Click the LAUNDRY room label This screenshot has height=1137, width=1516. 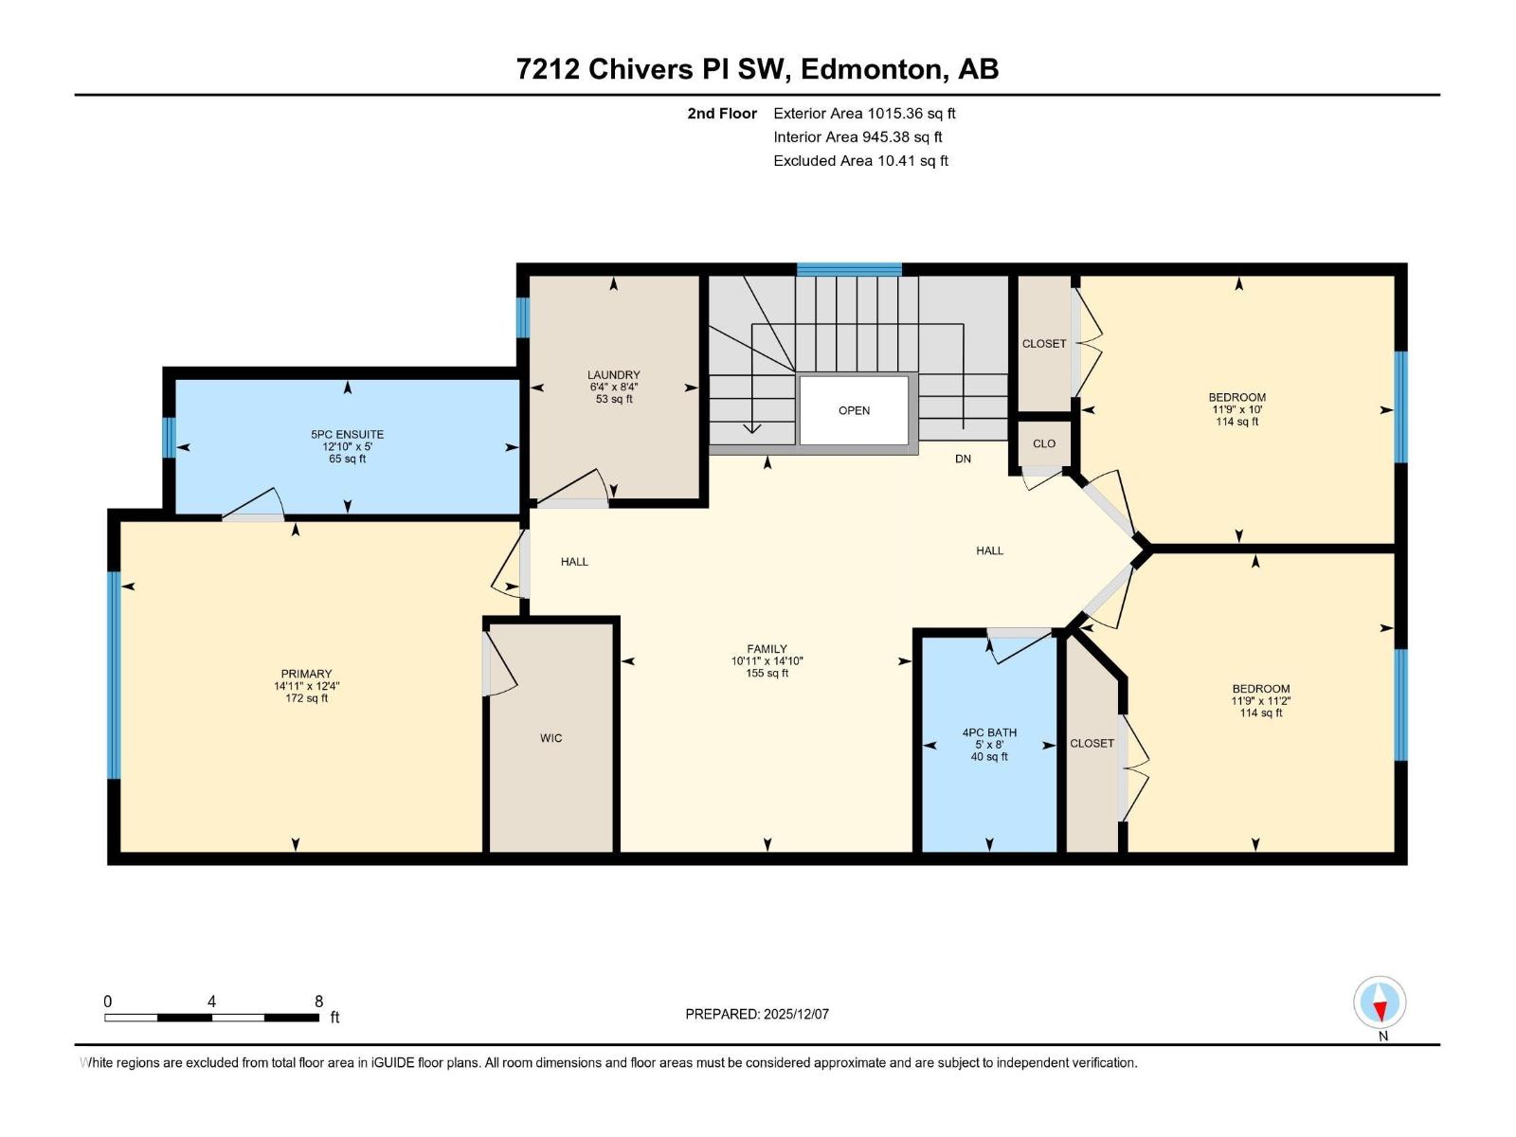coord(613,375)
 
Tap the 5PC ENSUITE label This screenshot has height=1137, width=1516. coord(347,434)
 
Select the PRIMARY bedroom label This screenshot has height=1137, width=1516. coord(306,674)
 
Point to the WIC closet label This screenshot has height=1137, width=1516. coord(550,738)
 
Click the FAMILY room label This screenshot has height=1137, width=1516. coord(767,649)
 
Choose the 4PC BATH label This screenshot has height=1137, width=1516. coord(989,732)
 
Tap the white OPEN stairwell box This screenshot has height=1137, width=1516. coord(854,410)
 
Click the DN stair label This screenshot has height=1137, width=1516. coord(963,459)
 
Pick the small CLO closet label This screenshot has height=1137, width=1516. coord(1043,443)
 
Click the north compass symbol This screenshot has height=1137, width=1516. coord(1380,1002)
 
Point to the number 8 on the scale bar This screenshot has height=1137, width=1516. coord(318,1001)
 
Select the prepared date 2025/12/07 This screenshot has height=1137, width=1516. coord(796,1014)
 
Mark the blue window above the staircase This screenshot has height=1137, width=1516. coord(849,269)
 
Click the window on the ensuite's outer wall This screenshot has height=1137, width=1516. coord(170,437)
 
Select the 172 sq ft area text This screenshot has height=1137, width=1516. coord(306,698)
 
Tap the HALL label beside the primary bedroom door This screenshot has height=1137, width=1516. coord(574,562)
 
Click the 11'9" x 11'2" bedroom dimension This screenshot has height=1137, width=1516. coord(1260,701)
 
